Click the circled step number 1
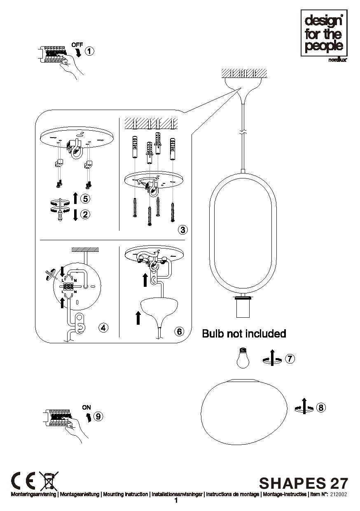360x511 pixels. coord(89,51)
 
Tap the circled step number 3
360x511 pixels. coord(182,230)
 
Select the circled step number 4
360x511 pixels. coord(103,328)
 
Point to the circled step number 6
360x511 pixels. coord(180,331)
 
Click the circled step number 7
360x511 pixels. coord(290,359)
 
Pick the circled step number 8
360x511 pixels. coord(321,408)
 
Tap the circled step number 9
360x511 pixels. coord(98,417)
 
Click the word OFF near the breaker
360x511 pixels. coord(77,45)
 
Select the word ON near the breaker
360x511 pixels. coord(86,407)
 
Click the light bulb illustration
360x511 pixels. coord(242,358)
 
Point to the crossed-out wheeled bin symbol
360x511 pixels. coord(49,480)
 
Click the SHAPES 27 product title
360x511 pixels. coord(304,483)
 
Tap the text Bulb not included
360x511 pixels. coord(244,333)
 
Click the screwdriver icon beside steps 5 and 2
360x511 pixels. coord(60,210)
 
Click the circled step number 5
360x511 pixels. coord(85,199)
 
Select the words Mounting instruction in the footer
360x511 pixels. coord(125,494)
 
